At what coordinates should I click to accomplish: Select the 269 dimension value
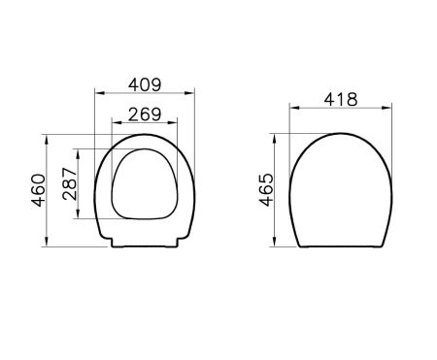[x=145, y=113]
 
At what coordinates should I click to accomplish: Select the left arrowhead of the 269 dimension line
[x=116, y=124]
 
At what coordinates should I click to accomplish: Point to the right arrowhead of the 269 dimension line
[x=176, y=124]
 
